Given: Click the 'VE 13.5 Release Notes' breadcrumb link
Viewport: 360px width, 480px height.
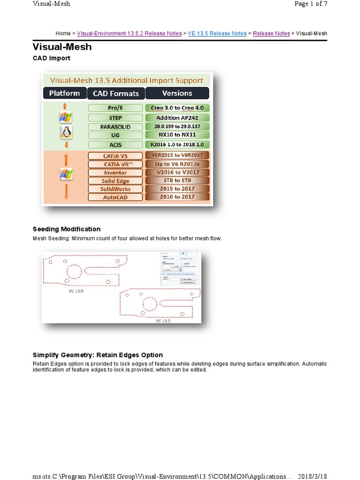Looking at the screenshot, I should pos(217,33).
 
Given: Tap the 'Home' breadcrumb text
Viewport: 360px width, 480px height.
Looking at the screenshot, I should pos(63,33).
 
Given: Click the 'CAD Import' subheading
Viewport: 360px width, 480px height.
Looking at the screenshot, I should pos(52,58).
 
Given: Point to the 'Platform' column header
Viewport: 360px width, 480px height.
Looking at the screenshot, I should pos(65,93).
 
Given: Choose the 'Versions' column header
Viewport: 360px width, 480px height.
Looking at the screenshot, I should pos(177,93).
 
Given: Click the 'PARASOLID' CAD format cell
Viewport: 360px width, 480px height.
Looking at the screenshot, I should pos(115,127).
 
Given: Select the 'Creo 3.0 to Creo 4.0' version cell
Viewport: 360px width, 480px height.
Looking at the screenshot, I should pos(177,108).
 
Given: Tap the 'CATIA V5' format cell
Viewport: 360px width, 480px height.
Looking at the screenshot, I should pos(115,156).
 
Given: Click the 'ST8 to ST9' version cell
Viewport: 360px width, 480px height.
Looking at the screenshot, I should pos(177,180).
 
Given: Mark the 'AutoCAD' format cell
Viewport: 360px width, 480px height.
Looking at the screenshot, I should pos(115,197).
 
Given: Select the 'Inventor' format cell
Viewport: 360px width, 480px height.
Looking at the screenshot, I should pos(115,172).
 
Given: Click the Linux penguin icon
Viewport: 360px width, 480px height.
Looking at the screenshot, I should pos(66,133).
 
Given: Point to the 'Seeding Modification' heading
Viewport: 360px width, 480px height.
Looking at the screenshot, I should pos(67,229).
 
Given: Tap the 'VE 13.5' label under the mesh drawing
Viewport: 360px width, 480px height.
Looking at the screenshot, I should pos(163,321).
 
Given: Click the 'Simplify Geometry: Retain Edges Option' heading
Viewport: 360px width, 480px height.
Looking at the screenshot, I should pos(97,355).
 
